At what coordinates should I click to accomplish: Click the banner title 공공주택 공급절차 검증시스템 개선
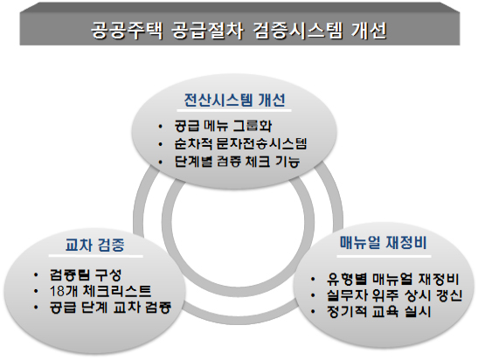tap(239, 31)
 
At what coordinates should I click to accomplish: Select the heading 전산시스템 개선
tap(235, 100)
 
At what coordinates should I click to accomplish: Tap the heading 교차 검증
tap(95, 245)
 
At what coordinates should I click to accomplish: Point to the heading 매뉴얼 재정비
tap(384, 243)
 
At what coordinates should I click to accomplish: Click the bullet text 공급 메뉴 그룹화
tap(223, 126)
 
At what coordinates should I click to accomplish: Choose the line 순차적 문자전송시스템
tap(240, 143)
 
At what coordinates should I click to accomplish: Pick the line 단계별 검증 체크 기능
tap(237, 162)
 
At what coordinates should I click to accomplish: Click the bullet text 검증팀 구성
tap(86, 275)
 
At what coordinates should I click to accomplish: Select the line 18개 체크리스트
tap(100, 291)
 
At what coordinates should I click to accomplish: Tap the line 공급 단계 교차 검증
tap(110, 308)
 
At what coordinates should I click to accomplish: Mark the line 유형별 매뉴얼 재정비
tap(392, 279)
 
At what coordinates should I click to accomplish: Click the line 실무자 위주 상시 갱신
tap(394, 295)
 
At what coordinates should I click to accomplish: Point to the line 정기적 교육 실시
tap(378, 312)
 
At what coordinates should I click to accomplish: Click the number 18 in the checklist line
tap(57, 292)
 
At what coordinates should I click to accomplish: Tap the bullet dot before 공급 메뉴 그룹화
tap(160, 126)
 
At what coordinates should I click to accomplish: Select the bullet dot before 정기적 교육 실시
tap(313, 312)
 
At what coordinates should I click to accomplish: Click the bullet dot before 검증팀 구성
tap(36, 275)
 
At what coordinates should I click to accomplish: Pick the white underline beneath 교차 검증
tap(95, 256)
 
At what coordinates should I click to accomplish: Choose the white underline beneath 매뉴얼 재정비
tap(384, 256)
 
